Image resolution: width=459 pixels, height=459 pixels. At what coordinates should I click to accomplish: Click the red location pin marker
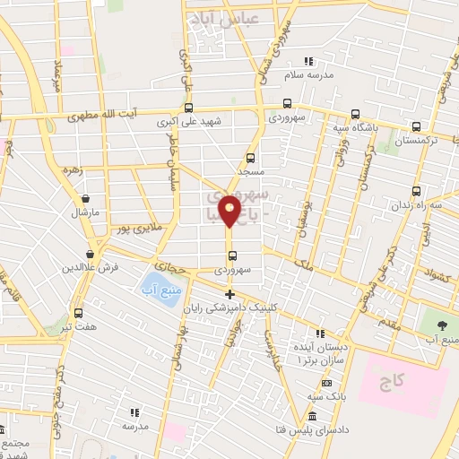pyautogui.click(x=230, y=212)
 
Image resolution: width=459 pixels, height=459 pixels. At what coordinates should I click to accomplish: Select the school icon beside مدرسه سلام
pyautogui.click(x=308, y=61)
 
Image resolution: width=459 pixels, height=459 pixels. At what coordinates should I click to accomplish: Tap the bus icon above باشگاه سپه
pyautogui.click(x=356, y=114)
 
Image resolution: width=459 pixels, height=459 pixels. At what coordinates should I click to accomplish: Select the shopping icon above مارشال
pyautogui.click(x=84, y=199)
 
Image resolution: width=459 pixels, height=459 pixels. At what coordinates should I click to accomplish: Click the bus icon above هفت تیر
pyautogui.click(x=79, y=313)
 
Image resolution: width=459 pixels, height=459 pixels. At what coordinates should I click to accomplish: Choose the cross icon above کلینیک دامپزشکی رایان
pyautogui.click(x=230, y=294)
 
